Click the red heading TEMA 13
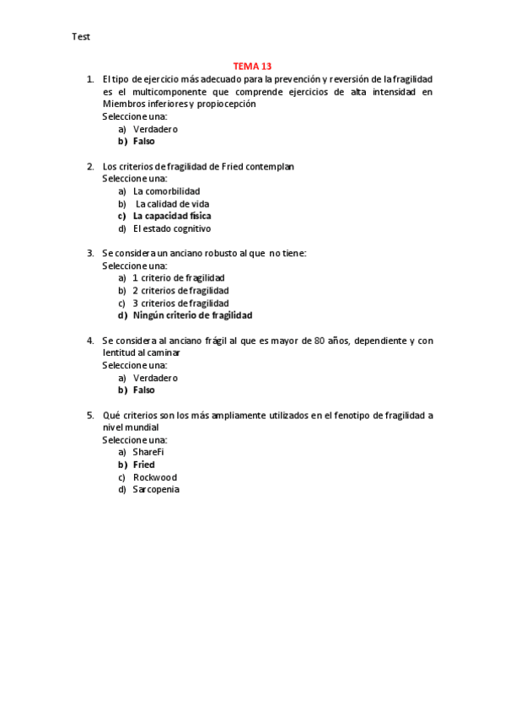point(252,66)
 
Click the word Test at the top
point(81,37)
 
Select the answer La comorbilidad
point(166,191)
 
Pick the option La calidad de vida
point(172,204)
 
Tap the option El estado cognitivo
point(172,228)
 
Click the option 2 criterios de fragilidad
point(180,290)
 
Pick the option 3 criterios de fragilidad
point(180,303)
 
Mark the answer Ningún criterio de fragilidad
point(192,315)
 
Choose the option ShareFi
point(148,452)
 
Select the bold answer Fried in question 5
point(144,465)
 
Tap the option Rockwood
point(155,477)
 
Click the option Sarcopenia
point(156,490)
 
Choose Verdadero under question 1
point(155,129)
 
